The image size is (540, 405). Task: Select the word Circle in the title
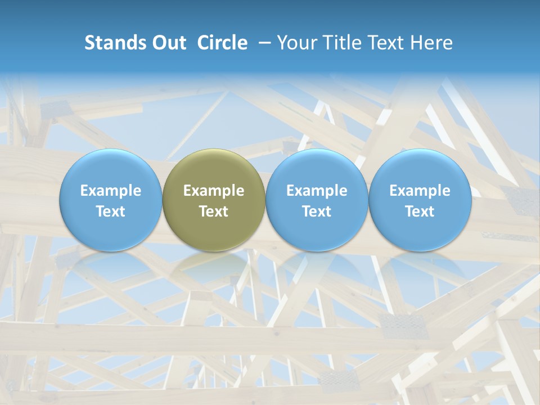[x=222, y=43]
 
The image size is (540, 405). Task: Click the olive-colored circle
[x=214, y=200]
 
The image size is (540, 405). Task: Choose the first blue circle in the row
[x=111, y=200]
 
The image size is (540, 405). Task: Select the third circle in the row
[x=317, y=200]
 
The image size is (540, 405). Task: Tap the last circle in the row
[x=420, y=200]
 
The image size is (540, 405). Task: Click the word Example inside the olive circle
[x=214, y=191]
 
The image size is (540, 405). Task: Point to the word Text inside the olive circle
[x=214, y=211]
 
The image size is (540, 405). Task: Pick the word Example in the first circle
[x=111, y=191]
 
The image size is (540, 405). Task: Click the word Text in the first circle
[x=111, y=211]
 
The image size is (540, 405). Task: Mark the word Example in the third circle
[x=317, y=191]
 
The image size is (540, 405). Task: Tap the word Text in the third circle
[x=317, y=211]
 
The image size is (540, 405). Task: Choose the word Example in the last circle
[x=420, y=191]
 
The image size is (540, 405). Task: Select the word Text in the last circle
[x=420, y=211]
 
